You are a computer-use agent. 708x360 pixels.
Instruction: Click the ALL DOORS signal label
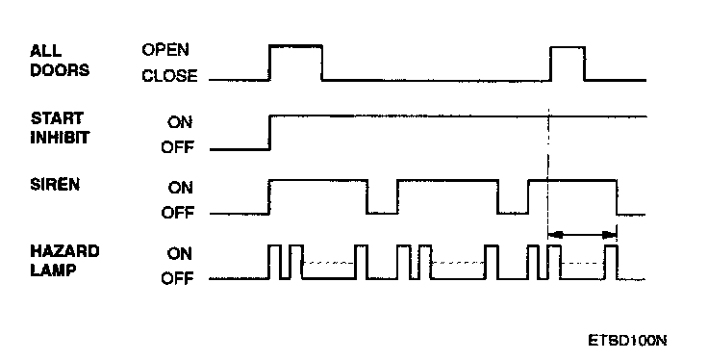(x=60, y=61)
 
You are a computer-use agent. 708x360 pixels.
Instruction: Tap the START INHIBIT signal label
(x=60, y=128)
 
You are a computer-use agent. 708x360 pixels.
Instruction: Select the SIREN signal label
(x=55, y=184)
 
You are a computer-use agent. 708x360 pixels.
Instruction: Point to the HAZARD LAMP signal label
(x=64, y=260)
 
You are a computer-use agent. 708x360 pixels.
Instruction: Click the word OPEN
(x=165, y=50)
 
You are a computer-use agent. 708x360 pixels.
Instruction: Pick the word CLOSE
(x=169, y=75)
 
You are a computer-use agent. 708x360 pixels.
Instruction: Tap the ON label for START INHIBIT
(x=180, y=122)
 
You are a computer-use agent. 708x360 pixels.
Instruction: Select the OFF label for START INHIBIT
(x=177, y=147)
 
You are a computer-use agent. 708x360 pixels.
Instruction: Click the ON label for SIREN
(x=180, y=187)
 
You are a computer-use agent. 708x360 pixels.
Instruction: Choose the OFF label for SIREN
(x=177, y=212)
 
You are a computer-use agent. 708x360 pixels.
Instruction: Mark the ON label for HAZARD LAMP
(x=180, y=253)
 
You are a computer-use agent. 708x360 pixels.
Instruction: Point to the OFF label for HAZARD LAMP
(x=177, y=278)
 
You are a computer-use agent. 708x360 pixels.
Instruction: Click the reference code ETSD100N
(x=627, y=340)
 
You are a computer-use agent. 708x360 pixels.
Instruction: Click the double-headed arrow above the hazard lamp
(x=582, y=235)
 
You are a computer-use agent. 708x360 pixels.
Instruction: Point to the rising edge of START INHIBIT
(x=269, y=132)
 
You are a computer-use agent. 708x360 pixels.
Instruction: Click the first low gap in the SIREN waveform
(x=382, y=213)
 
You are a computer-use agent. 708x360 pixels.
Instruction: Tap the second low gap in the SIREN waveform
(x=513, y=213)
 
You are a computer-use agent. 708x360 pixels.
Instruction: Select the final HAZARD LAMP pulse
(x=611, y=262)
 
